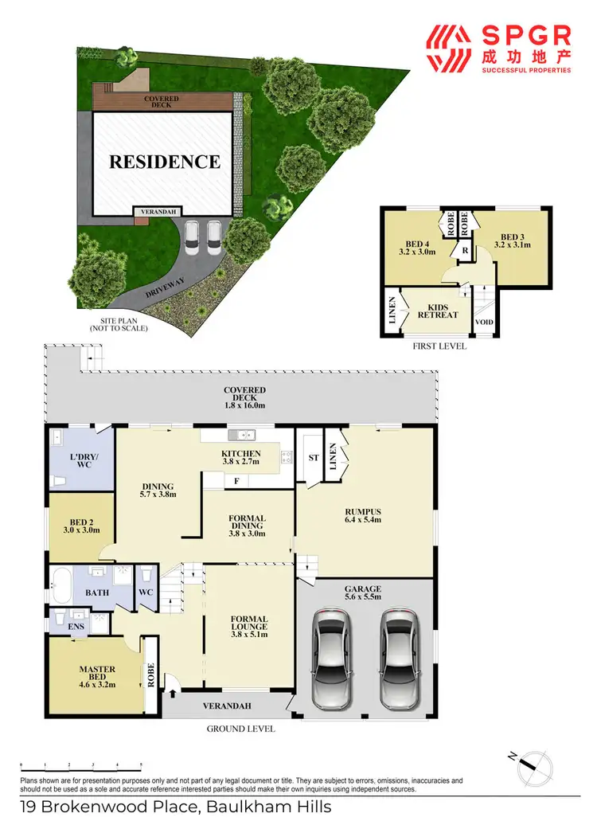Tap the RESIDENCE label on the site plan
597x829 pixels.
164,162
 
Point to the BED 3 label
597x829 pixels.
512,240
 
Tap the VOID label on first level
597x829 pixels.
484,323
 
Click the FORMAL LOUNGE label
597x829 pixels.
248,626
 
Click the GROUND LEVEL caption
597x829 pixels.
240,728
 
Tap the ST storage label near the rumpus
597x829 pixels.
313,458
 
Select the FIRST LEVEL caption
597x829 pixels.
439,346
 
